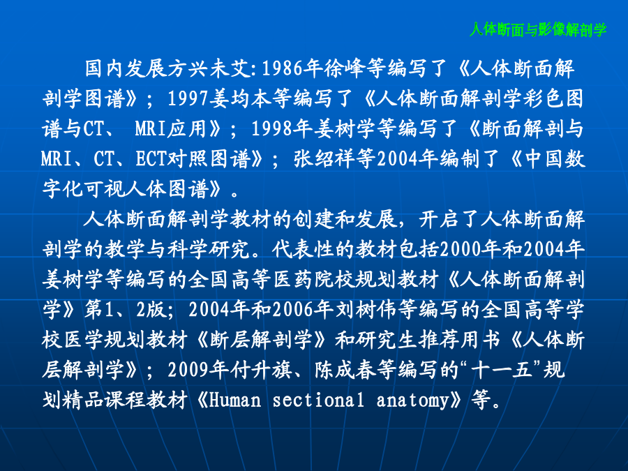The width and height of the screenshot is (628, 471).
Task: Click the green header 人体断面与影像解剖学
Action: (x=538, y=29)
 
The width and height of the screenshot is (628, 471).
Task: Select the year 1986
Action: (x=282, y=68)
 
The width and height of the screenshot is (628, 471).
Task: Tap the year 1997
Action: (x=188, y=98)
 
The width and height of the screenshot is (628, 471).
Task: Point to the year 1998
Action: (x=272, y=128)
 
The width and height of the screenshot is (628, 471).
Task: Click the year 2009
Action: (x=188, y=370)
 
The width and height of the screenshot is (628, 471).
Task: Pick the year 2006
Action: (x=293, y=309)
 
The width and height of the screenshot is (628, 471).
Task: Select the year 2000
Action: (x=461, y=248)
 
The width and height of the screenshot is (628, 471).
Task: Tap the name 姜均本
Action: (x=240, y=98)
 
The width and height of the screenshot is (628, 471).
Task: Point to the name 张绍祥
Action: (x=324, y=158)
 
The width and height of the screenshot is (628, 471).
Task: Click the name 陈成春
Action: (x=345, y=370)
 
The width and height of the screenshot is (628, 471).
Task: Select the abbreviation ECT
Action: (x=151, y=158)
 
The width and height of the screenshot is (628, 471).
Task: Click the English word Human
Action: (x=234, y=400)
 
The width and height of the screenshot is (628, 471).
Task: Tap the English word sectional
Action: (x=318, y=400)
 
